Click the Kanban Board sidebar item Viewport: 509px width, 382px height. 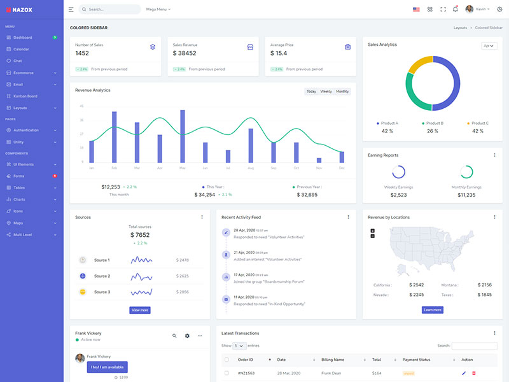(25, 96)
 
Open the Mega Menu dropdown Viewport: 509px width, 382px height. (158, 10)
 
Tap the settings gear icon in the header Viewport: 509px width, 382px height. (499, 10)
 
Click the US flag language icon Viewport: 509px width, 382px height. (416, 10)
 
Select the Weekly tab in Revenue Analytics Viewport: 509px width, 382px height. (326, 92)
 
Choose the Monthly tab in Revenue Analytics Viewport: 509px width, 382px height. (342, 92)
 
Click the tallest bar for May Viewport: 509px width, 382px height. (183, 136)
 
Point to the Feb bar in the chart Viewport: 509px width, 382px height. (115, 137)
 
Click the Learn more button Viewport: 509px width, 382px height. (432, 310)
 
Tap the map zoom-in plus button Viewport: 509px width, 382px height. (372, 230)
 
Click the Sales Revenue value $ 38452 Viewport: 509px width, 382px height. (185, 53)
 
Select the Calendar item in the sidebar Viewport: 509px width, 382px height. (21, 49)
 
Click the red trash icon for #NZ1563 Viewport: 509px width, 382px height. (474, 373)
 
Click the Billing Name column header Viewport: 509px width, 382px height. (333, 360)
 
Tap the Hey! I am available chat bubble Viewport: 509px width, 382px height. (108, 367)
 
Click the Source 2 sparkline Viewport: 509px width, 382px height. (141, 276)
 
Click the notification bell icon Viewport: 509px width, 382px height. (455, 10)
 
